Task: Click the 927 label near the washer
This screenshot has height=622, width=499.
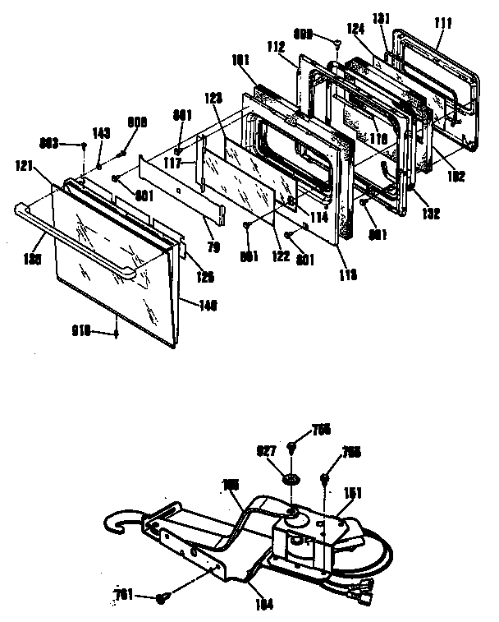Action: (x=266, y=450)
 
